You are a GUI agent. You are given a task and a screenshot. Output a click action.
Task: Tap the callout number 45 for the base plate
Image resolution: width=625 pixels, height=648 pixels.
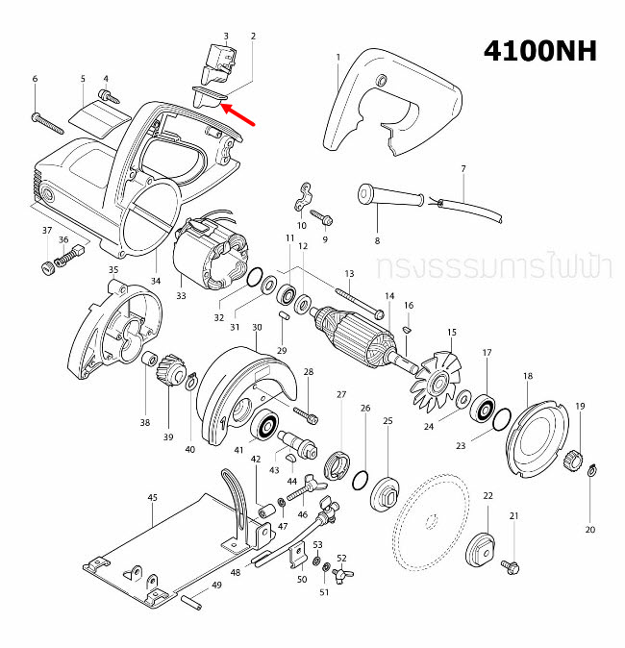pos(152,497)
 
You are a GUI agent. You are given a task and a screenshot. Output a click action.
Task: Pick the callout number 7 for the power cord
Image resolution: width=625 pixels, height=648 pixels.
pos(462,169)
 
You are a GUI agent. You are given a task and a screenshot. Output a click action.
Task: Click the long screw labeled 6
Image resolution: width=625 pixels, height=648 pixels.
pos(47,122)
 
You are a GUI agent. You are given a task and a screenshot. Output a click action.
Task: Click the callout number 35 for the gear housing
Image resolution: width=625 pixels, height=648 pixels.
pos(112,270)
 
